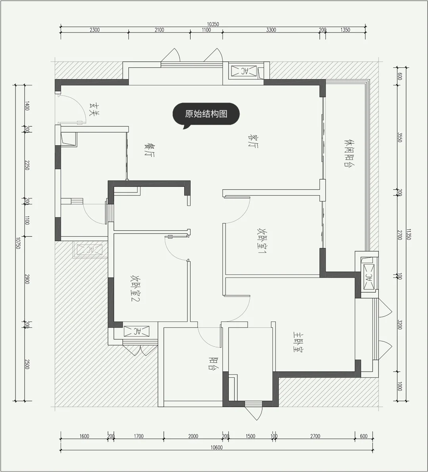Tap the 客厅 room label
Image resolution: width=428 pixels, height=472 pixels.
[253, 141]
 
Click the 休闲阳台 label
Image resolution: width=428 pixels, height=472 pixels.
[349, 153]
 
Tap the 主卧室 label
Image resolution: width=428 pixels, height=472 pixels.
[298, 342]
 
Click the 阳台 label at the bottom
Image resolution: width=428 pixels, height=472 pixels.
[214, 364]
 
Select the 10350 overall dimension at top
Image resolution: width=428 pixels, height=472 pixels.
[213, 24]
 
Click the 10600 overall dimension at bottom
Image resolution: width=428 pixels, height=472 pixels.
[216, 447]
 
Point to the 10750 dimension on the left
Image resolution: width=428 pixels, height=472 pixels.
[18, 243]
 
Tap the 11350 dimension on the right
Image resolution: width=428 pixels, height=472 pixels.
[409, 234]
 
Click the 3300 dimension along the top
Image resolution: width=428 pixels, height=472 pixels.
[271, 30]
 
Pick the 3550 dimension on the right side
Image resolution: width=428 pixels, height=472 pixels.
[400, 137]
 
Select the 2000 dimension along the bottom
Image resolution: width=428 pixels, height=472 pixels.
[193, 436]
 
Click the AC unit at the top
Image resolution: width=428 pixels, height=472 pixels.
[244, 71]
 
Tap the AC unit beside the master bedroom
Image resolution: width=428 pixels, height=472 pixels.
[369, 277]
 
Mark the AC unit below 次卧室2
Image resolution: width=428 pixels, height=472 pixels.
[136, 331]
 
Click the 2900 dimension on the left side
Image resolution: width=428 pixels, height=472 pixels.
[27, 279]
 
